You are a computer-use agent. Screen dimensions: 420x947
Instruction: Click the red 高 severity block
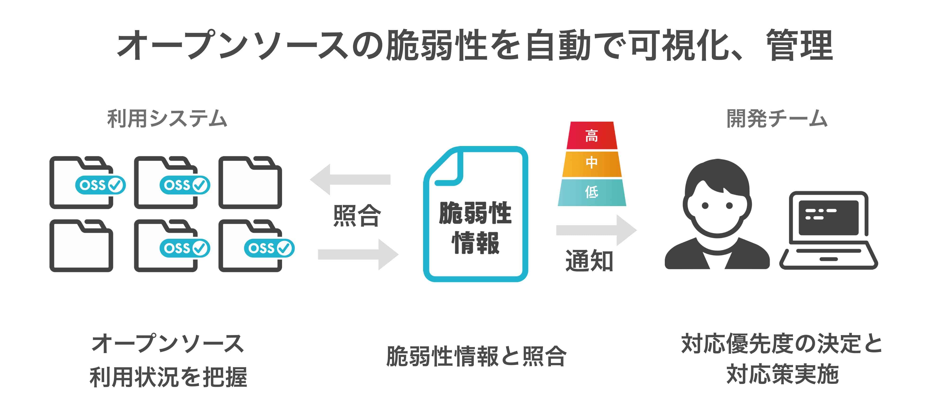coord(591,136)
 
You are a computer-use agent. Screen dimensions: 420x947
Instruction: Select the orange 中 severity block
coord(591,163)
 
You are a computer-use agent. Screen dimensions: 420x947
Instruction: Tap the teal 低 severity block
coord(591,192)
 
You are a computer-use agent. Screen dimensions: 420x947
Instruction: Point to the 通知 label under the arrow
coord(589,261)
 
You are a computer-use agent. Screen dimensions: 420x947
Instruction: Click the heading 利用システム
coord(167,119)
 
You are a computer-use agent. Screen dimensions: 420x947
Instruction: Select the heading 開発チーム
coord(777,119)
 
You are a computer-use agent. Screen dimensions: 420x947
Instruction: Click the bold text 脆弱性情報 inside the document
coord(475,228)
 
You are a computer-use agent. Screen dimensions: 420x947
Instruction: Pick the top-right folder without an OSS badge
coord(250,183)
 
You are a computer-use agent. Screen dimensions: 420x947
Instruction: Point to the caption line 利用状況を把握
coord(168,377)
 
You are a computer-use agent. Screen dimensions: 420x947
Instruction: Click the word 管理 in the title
coord(800,46)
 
